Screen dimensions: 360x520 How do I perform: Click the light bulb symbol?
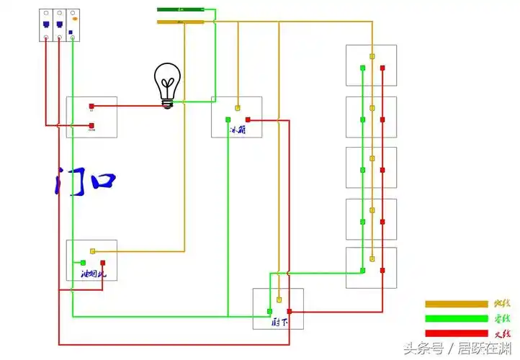pyautogui.click(x=167, y=85)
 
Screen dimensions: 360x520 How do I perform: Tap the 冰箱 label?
pyautogui.click(x=238, y=130)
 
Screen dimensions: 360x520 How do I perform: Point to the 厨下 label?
pyautogui.click(x=281, y=322)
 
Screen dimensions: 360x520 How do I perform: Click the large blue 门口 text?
pyautogui.click(x=84, y=181)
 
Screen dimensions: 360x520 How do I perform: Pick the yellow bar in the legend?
pyautogui.click(x=456, y=304)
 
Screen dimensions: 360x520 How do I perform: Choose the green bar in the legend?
pyautogui.click(x=456, y=318)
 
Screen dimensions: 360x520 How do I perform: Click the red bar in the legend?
pyautogui.click(x=456, y=333)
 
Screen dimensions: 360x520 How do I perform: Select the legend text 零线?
pyautogui.click(x=502, y=318)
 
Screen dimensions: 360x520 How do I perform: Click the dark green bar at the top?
pyautogui.click(x=180, y=9)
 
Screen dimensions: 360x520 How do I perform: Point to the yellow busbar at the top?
pyautogui.click(x=180, y=22)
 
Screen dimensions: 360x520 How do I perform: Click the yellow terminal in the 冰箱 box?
pyautogui.click(x=237, y=109)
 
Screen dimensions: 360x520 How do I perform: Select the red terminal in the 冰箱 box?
pyautogui.click(x=248, y=120)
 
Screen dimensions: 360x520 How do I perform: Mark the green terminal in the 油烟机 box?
pyautogui.click(x=84, y=263)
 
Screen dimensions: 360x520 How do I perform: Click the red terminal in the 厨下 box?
pyautogui.click(x=290, y=311)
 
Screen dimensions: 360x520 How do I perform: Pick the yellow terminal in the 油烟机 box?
pyautogui.click(x=92, y=251)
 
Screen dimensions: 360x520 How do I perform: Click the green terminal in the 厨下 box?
pyautogui.click(x=270, y=311)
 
